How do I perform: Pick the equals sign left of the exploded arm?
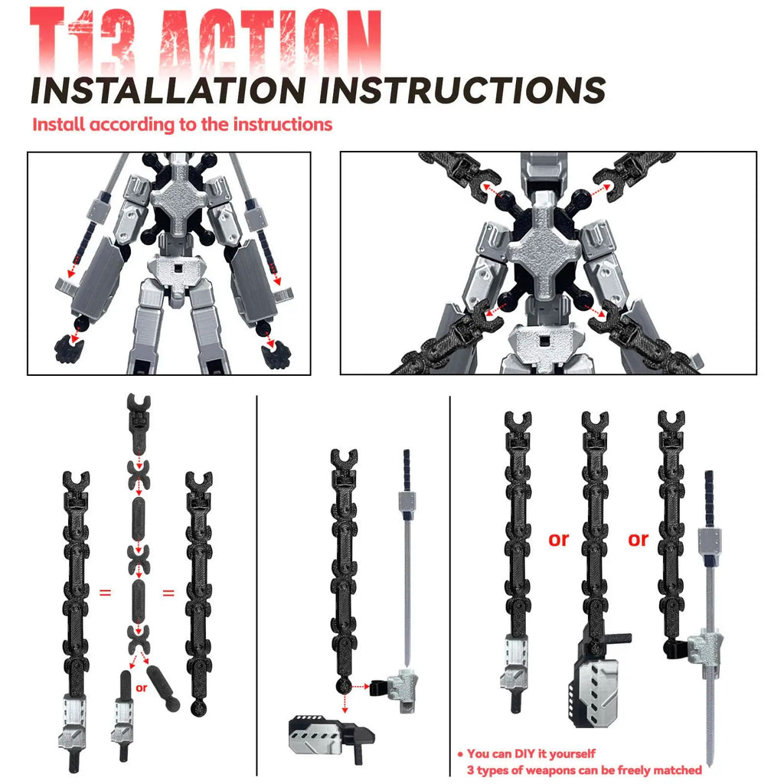[x=106, y=592]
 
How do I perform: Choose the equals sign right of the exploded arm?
[x=168, y=592]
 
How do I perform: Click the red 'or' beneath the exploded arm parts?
[x=141, y=688]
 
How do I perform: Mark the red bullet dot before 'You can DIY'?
[x=460, y=754]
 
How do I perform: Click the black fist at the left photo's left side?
[x=69, y=348]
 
